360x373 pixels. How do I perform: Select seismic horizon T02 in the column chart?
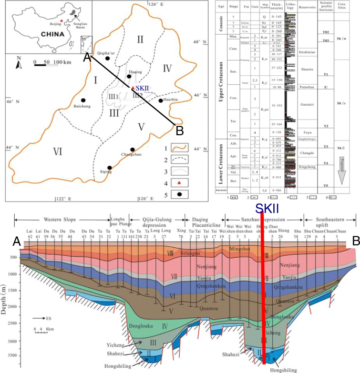325,32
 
